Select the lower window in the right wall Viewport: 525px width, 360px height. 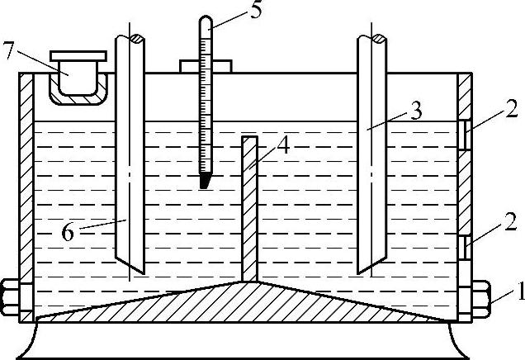point(466,246)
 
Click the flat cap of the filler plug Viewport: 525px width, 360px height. point(78,56)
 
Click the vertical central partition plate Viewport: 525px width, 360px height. point(249,206)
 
